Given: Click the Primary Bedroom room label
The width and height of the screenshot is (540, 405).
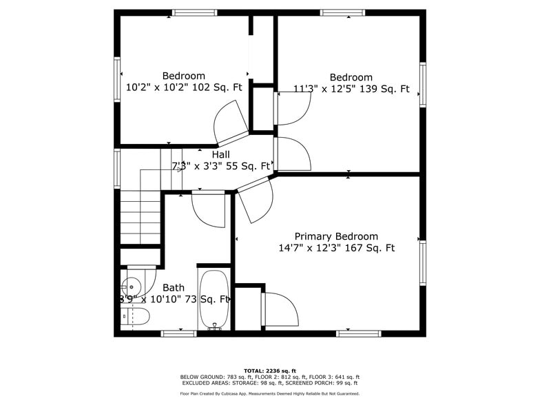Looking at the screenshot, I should [336, 236].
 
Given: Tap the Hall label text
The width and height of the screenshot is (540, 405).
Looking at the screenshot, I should [220, 155].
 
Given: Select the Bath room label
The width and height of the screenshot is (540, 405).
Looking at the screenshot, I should [173, 288].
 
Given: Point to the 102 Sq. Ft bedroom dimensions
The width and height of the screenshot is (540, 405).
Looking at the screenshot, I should [184, 87].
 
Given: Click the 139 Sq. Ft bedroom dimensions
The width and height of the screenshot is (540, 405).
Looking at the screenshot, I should [351, 89].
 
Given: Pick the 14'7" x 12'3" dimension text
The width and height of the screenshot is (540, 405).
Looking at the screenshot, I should [336, 248].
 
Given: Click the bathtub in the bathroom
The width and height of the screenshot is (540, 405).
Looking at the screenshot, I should [214, 300].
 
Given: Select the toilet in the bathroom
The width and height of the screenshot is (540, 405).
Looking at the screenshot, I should [135, 317].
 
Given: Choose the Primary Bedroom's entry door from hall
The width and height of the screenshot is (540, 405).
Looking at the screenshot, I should [253, 200].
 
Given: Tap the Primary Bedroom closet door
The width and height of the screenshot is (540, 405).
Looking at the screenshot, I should [280, 310].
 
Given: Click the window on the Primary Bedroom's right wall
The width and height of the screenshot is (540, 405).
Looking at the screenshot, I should [423, 262].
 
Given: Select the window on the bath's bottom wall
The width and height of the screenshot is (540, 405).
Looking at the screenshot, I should [178, 334].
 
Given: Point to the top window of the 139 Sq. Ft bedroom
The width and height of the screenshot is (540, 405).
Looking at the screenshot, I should [342, 12].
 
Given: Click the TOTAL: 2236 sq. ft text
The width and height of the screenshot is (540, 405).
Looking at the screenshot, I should [269, 371].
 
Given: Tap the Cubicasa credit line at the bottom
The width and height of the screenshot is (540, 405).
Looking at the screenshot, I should [269, 394].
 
